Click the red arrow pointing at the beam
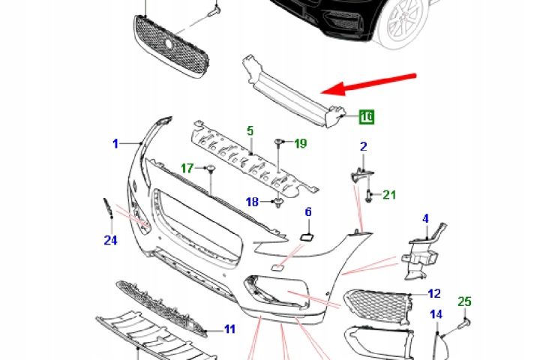pos(368,84)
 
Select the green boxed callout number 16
pos(367,116)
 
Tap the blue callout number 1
pos(115,144)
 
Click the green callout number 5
pos(250,131)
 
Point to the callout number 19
pos(301,143)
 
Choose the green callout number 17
pos(187,168)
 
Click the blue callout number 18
pos(252,202)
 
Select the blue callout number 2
pos(363,147)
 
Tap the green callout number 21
pos(389,195)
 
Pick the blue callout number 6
pos(308,211)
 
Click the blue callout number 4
pos(426,219)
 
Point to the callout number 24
pos(110,240)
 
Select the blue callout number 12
pos(434,293)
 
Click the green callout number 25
pos(464,301)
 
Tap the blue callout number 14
pos(436,314)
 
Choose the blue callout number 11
pos(229,329)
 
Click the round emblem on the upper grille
pos(169,43)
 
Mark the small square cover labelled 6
pos(307,237)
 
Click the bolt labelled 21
pos(368,195)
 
